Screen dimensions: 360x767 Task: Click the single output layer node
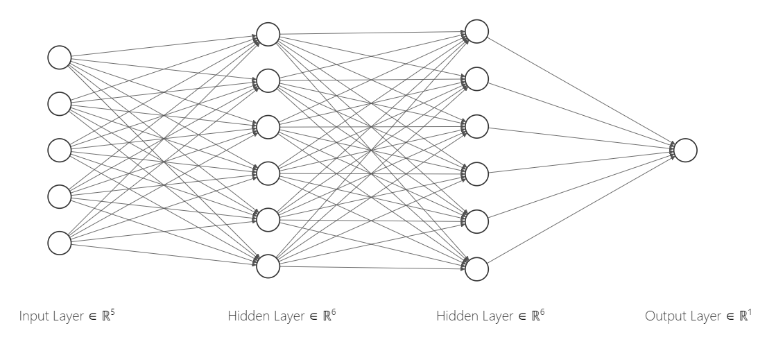(684, 151)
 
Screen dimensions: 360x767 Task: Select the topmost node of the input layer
(60, 58)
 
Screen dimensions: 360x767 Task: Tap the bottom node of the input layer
(60, 243)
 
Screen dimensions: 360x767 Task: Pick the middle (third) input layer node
(60, 151)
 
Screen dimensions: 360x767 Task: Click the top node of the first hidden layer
(268, 34)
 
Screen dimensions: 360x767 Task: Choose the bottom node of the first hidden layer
(268, 266)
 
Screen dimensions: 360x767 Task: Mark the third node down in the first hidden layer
(268, 127)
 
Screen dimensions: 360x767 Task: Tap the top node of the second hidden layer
(476, 31)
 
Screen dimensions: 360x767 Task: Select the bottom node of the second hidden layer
(476, 269)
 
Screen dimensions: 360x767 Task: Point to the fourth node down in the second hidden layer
(476, 174)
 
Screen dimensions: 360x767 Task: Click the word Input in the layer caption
(33, 317)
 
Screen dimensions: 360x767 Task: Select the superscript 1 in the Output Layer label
(748, 313)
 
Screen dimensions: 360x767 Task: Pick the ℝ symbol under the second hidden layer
(535, 317)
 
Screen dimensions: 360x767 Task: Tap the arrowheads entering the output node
(671, 151)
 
